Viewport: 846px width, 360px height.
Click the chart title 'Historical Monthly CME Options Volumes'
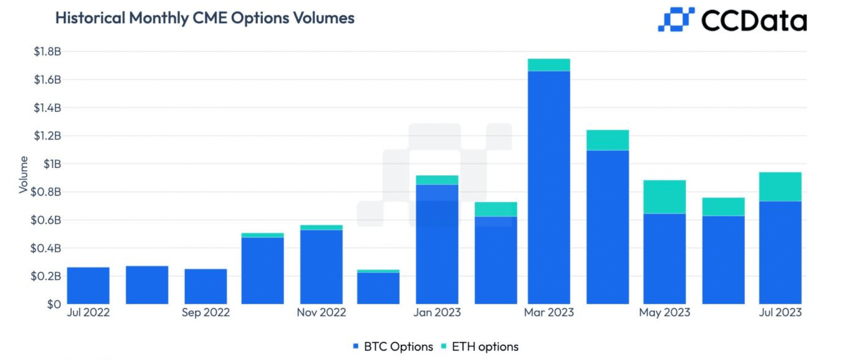point(204,18)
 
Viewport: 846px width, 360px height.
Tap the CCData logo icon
point(676,19)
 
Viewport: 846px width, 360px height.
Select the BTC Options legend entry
point(393,347)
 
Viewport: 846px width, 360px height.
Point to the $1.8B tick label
point(47,52)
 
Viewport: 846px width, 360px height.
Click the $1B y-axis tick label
point(52,164)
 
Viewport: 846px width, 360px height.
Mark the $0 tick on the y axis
point(54,304)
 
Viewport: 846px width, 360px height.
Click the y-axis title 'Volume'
point(23,174)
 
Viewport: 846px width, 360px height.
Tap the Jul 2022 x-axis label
point(88,313)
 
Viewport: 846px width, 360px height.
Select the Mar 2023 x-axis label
point(549,313)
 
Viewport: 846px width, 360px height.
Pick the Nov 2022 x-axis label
point(321,313)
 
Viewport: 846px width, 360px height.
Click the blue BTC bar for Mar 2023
point(549,187)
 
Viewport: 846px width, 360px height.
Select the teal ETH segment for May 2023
point(664,197)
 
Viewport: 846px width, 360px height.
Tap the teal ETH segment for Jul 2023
point(780,187)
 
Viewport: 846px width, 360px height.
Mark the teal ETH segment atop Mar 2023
point(549,65)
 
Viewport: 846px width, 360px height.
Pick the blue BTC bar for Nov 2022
point(321,266)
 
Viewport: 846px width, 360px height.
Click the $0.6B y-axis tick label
point(47,220)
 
